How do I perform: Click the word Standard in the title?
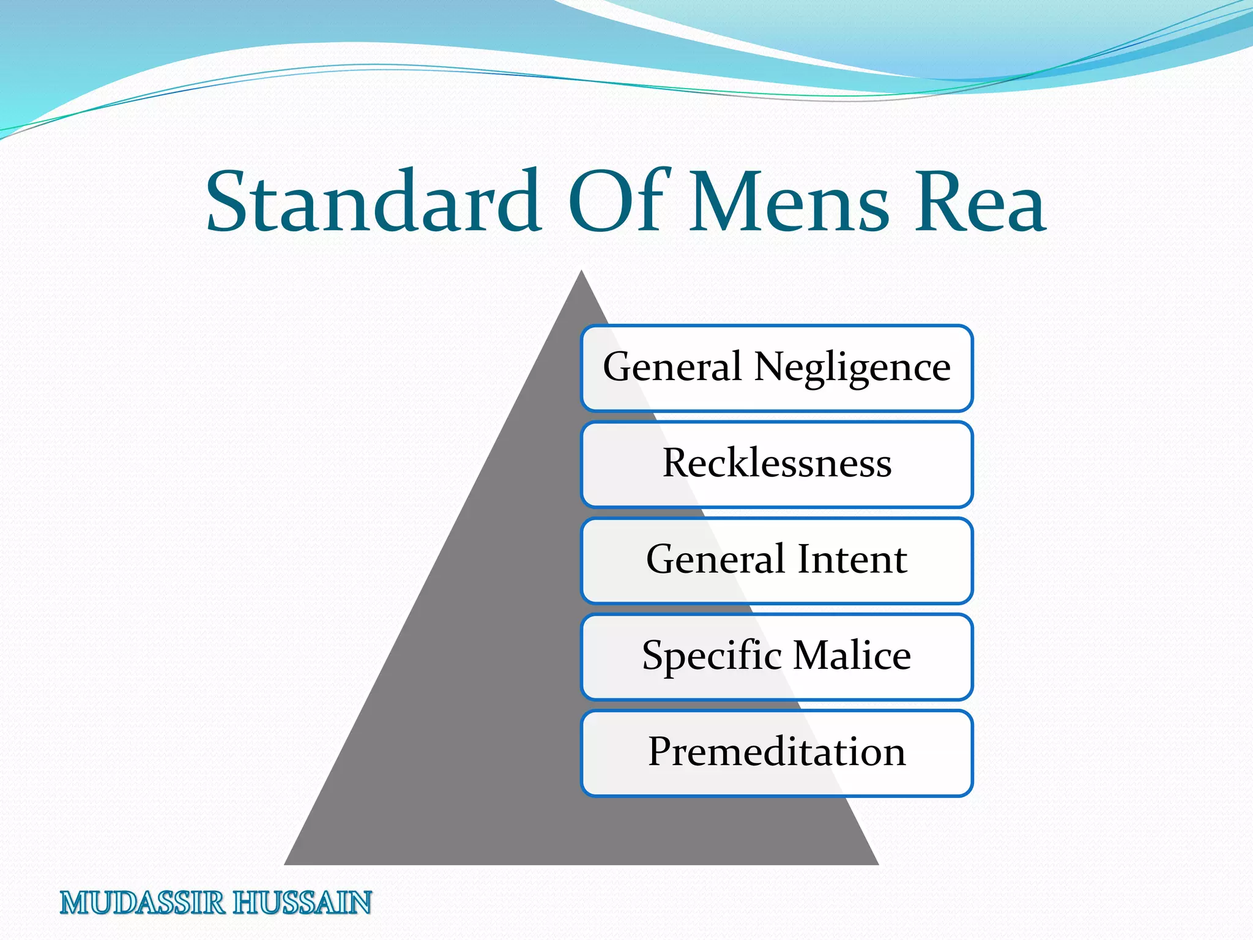coord(373,202)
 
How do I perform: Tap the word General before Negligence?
coord(672,367)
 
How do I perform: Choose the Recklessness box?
coord(777,464)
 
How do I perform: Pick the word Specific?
coord(712,657)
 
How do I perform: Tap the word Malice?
coord(852,655)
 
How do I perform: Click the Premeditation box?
coord(777,752)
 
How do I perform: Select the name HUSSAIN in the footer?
coord(302,903)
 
